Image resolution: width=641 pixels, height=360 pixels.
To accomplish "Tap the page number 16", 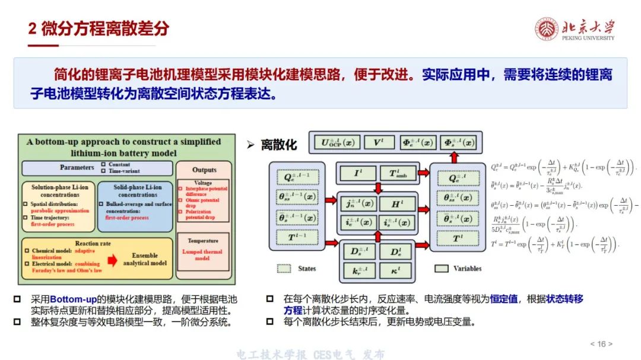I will click(601, 344).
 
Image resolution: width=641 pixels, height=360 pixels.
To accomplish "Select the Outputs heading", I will click(204, 170).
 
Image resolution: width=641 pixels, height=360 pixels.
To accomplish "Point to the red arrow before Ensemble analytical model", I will click(112, 259).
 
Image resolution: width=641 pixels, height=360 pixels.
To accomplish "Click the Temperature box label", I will click(203, 241).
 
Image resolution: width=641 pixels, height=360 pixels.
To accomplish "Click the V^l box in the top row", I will click(376, 142).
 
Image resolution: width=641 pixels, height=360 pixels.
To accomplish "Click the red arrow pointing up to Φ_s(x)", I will click(454, 157).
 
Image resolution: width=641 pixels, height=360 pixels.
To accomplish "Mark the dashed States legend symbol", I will click(285, 269).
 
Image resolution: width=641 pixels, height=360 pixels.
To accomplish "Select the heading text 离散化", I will click(279, 144).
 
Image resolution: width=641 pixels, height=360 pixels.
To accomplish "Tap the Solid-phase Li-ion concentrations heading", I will click(138, 191).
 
